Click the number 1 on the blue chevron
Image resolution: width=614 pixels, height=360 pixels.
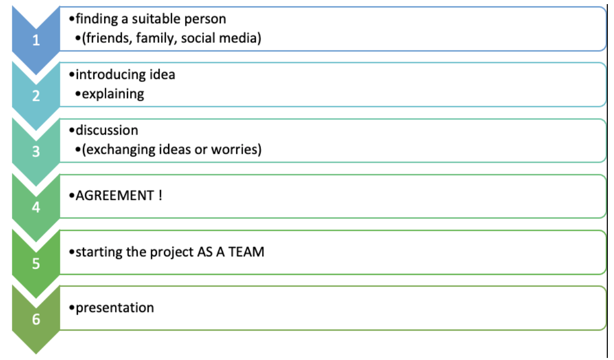[x=36, y=41]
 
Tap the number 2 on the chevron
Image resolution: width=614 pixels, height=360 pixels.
[x=36, y=96]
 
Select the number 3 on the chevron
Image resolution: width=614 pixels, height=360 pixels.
[x=36, y=152]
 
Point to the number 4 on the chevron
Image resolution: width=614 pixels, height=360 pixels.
[x=36, y=207]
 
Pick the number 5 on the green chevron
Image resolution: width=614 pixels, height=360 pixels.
[x=36, y=264]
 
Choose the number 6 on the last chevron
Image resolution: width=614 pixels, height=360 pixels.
[x=36, y=319]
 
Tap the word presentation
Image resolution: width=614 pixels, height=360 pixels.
[x=115, y=308]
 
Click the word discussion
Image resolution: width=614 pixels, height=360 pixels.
[x=107, y=130]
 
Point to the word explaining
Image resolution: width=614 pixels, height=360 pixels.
[x=113, y=94]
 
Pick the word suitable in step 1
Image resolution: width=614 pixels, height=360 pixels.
[x=158, y=19]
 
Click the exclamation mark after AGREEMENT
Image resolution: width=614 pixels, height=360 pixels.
[x=160, y=196]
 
